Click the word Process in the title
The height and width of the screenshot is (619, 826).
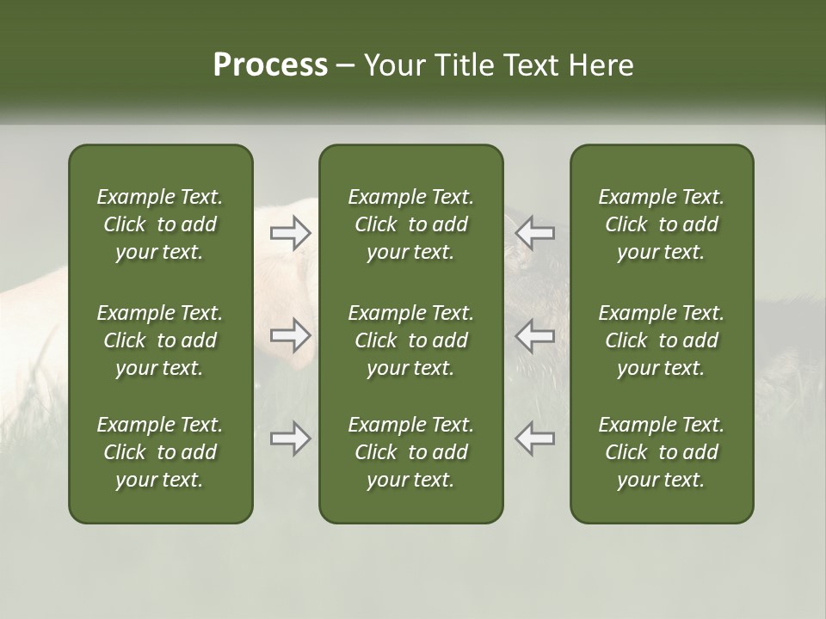pos(270,65)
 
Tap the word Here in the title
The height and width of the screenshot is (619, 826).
pos(601,65)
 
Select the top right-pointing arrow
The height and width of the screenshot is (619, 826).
pos(290,232)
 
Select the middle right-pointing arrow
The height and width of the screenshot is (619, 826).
pos(290,335)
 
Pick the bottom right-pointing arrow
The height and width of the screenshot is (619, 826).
pos(290,438)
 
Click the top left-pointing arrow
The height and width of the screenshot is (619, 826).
pos(535,232)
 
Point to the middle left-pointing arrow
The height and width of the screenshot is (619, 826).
pos(535,335)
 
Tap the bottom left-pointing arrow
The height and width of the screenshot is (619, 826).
pos(535,438)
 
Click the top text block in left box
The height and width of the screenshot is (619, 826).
pos(160,224)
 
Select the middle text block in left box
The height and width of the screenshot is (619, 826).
pos(160,340)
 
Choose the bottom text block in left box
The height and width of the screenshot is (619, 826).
pos(160,452)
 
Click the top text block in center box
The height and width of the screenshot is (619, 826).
pos(410,224)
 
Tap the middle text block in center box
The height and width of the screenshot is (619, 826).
pos(410,340)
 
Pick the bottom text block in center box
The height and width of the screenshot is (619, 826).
pos(410,452)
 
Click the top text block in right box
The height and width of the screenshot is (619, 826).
pos(661,224)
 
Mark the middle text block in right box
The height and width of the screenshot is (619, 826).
pos(661,340)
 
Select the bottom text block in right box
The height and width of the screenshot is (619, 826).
pos(661,452)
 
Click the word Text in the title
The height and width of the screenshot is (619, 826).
pos(532,65)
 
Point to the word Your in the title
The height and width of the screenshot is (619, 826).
pos(392,65)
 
